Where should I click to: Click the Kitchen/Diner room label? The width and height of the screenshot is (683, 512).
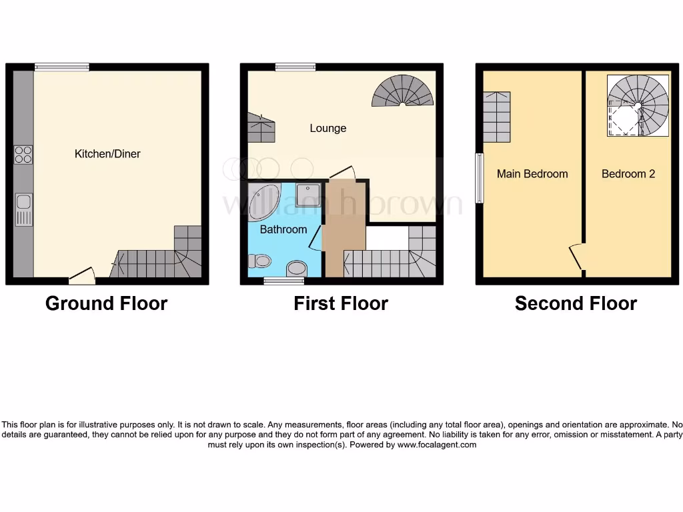pos(107,154)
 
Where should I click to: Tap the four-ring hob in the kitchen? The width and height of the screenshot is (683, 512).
pos(23,155)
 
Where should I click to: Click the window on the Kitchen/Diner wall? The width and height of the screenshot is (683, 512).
pos(62,67)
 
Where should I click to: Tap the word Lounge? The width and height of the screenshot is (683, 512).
pos(327,128)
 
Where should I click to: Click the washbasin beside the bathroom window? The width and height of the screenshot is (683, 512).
pos(295,269)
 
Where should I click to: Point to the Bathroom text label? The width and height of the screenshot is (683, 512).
pos(283,229)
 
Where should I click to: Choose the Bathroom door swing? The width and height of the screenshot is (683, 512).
pos(315,239)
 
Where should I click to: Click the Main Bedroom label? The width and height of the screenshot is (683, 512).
pos(532,174)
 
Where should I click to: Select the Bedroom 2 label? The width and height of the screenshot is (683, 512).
pos(628,174)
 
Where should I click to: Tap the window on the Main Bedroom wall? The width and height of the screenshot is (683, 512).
pos(479,178)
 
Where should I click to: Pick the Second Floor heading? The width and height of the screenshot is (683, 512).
pos(576,304)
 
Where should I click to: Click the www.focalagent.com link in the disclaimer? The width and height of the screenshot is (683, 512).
pos(437,445)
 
